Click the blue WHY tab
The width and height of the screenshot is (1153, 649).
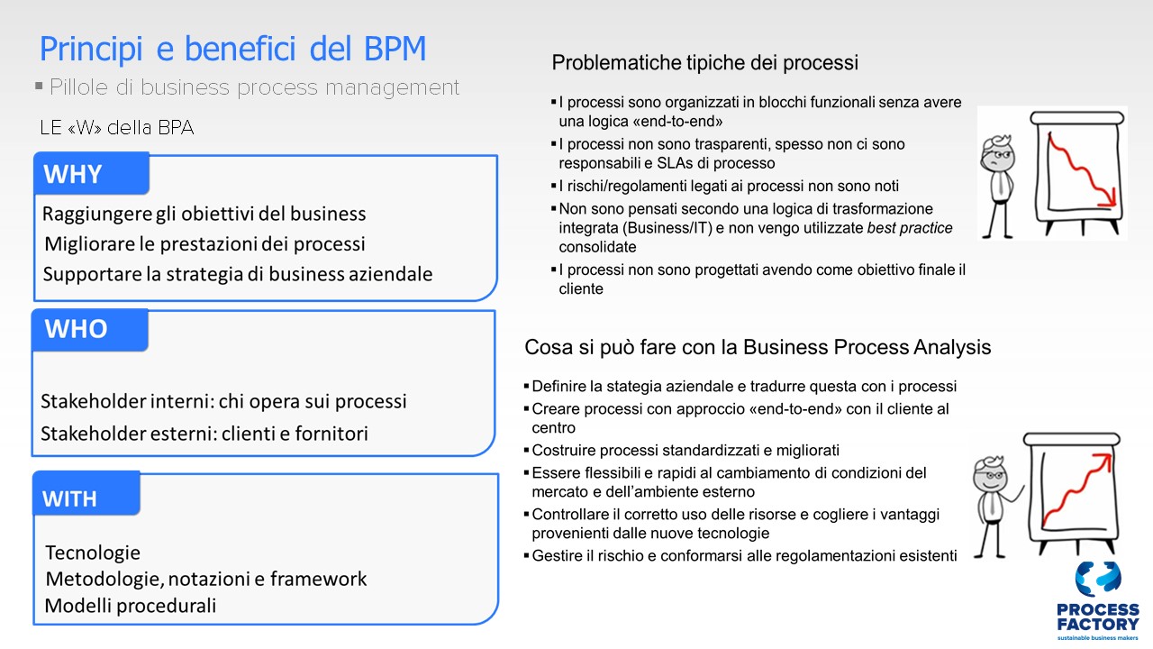pos(92,174)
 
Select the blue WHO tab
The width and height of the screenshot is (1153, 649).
pos(90,330)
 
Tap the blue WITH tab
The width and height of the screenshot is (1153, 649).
pos(86,493)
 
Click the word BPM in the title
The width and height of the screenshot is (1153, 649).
pos(395,50)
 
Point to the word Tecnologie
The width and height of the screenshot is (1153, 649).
pos(93,553)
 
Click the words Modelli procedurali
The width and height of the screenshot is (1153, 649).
pos(131,606)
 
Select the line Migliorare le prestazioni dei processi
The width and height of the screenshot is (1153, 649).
pos(204,244)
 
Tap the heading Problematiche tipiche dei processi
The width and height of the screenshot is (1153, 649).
pos(704,63)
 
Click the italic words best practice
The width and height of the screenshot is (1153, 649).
pos(910,228)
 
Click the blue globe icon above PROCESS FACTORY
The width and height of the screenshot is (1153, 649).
pos(1098,580)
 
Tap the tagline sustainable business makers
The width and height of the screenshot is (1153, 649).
pos(1097,637)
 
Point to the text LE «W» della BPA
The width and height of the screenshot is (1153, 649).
pos(117,128)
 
